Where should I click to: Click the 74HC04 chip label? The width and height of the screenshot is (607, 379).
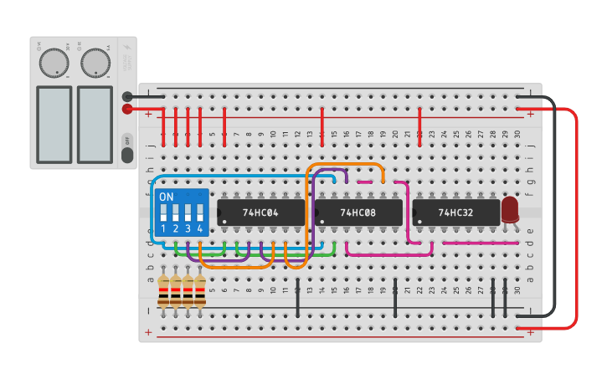click(x=260, y=213)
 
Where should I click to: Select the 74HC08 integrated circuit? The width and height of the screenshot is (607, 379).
click(x=358, y=213)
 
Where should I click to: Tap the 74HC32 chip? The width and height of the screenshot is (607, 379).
click(x=455, y=213)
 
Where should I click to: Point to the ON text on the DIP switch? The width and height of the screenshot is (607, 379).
click(x=166, y=197)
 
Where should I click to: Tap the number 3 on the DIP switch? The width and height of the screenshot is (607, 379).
click(x=188, y=228)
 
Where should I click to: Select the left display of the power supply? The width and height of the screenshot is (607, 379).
click(x=54, y=124)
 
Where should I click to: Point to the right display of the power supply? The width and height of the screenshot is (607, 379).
click(x=95, y=124)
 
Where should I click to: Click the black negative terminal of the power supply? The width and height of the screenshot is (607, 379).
click(x=127, y=97)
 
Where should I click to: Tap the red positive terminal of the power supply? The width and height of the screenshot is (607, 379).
click(x=127, y=109)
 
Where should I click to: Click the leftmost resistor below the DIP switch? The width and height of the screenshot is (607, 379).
click(x=163, y=290)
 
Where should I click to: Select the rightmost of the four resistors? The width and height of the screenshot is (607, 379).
click(x=200, y=290)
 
